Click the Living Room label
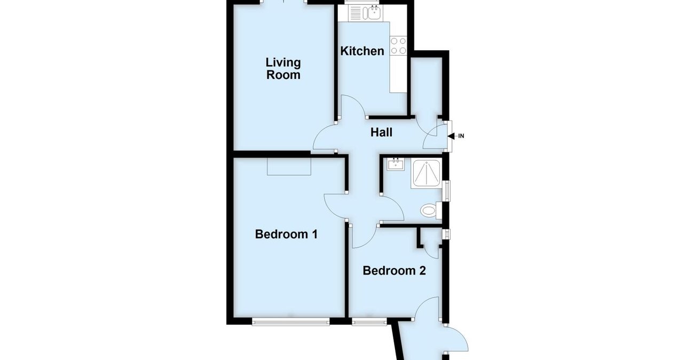tap(283, 69)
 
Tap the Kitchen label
tap(362, 51)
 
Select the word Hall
tap(382, 132)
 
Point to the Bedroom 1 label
tap(286, 234)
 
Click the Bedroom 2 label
tap(394, 271)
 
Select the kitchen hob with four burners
tap(398, 45)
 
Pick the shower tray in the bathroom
tap(426, 174)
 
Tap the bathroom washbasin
tap(396, 163)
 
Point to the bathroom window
tap(446, 191)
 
